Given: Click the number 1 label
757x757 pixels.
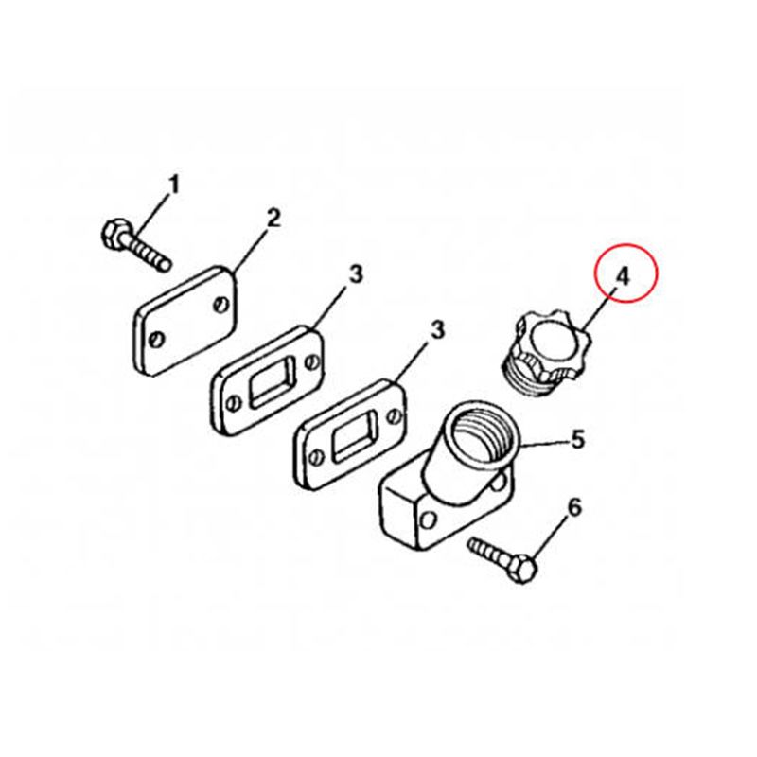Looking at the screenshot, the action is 173,185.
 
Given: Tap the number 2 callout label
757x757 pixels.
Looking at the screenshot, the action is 273,219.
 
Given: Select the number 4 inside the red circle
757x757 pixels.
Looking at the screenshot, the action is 624,277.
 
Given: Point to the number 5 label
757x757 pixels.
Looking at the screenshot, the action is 578,439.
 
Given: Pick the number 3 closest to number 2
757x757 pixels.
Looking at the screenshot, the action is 356,274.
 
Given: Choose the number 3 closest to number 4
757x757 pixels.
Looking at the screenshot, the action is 437,331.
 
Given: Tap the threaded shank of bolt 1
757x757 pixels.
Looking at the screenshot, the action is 148,254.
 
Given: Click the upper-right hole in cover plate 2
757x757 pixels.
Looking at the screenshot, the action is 220,305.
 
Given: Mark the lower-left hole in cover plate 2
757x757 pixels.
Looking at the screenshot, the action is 156,340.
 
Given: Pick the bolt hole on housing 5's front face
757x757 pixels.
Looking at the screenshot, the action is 427,521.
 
